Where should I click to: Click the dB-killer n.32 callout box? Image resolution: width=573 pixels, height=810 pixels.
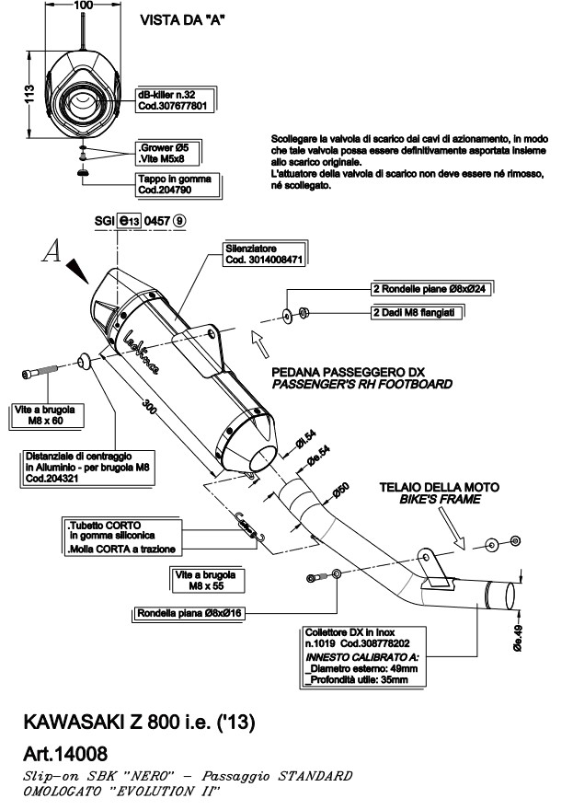(x=177, y=100)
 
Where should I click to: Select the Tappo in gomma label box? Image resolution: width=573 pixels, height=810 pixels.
(x=175, y=184)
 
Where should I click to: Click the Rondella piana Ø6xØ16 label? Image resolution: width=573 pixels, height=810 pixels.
(x=189, y=612)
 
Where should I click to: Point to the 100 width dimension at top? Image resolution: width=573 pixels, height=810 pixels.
(x=83, y=6)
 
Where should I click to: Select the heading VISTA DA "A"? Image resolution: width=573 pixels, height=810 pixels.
(x=182, y=19)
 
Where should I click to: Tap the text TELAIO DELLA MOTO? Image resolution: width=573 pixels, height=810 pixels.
(x=441, y=486)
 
